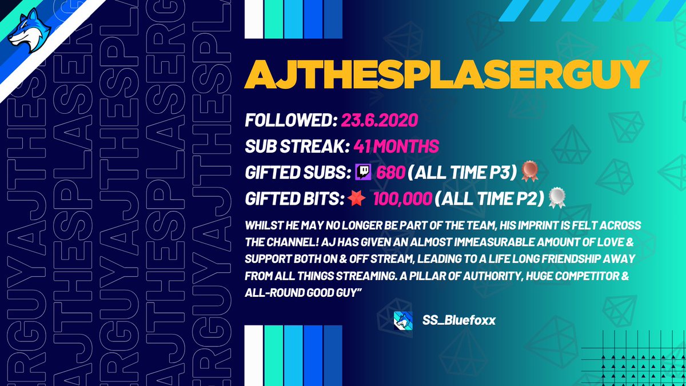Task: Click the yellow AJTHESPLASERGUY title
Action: [x=446, y=74]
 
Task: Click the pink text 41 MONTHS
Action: [x=392, y=146]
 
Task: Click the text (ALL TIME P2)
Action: [x=489, y=198]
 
